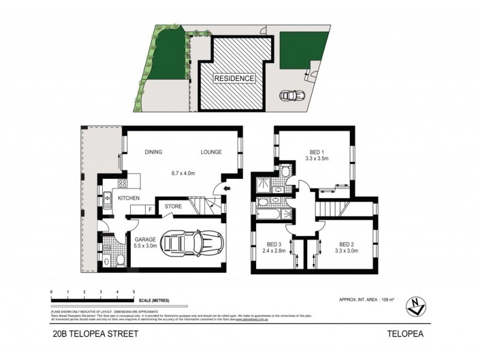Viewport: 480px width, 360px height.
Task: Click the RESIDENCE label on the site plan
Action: [234, 78]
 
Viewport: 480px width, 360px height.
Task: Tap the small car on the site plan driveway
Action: [292, 95]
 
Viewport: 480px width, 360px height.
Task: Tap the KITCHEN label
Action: [128, 198]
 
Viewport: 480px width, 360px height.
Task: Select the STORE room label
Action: [173, 208]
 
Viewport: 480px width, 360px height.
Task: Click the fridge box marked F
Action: [150, 209]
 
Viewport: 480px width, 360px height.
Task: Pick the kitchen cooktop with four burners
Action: [122, 184]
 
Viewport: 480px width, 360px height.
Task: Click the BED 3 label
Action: [274, 244]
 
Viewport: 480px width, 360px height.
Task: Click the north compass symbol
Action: [415, 305]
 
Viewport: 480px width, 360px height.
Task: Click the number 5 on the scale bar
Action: [133, 291]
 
